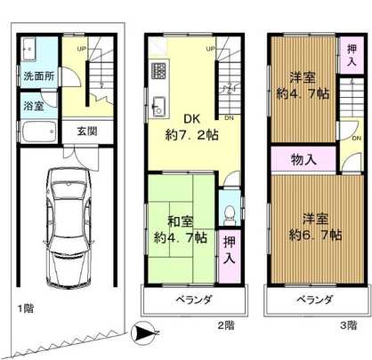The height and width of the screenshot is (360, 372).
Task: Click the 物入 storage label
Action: [x=303, y=160]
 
